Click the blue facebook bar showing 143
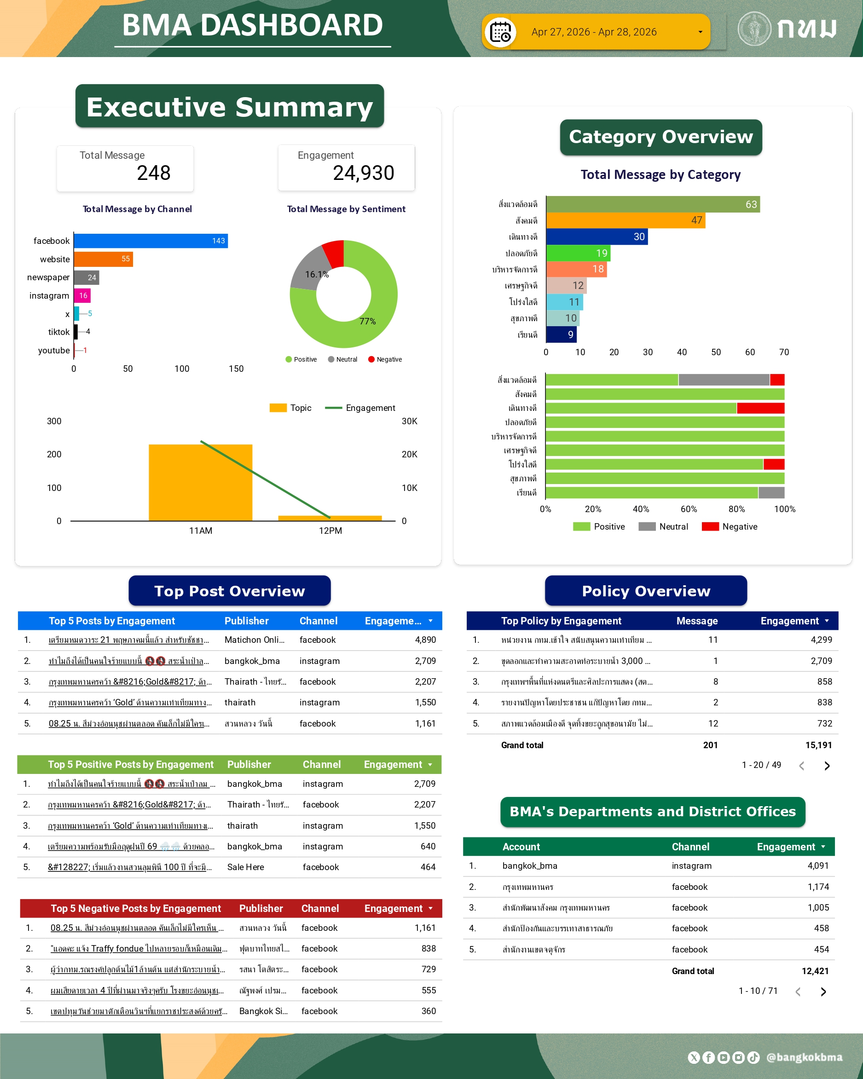pos(150,241)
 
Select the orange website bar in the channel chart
pos(103,259)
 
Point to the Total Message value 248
pos(154,173)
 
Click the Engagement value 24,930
pos(364,173)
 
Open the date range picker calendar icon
pos(500,33)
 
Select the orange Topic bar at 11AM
pos(200,483)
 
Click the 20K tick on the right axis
pos(410,455)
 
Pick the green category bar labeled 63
pos(652,204)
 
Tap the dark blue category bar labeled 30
pos(597,237)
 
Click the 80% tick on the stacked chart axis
pos(736,509)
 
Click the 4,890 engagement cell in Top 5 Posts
pos(425,640)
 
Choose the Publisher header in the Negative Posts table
pos(261,908)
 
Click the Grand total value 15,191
pos(818,745)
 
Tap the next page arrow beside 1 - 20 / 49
pos(827,766)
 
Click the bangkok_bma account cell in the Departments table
pos(530,866)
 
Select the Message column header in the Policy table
pos(697,621)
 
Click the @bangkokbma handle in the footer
pos(804,1057)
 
